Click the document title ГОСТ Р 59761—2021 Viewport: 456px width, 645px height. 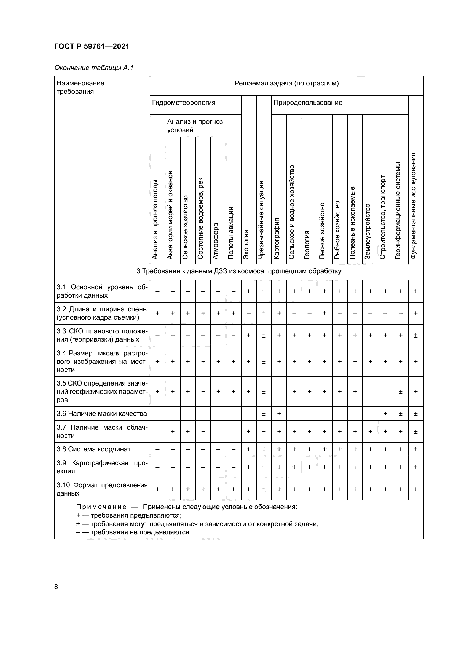[x=92, y=46]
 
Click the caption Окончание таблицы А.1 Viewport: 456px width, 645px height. [x=94, y=68]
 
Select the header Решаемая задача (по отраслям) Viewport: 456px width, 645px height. [x=286, y=84]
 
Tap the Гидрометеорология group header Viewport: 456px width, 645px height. [x=184, y=103]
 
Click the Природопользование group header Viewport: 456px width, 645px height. [x=308, y=103]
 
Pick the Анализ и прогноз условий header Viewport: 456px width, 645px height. [x=195, y=125]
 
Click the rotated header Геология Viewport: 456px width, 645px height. [x=307, y=244]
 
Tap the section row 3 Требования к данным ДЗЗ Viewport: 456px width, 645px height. [x=239, y=271]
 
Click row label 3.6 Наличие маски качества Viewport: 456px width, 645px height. [x=102, y=414]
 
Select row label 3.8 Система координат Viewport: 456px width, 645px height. [x=93, y=449]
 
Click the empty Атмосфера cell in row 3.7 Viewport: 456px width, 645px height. [x=218, y=432]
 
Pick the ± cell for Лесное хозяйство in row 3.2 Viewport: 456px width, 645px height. [x=324, y=313]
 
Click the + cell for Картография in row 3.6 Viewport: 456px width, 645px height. [x=279, y=414]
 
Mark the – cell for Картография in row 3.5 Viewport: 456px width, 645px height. [x=279, y=392]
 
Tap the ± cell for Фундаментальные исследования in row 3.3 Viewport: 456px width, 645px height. [x=415, y=335]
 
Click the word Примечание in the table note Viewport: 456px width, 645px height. [x=101, y=507]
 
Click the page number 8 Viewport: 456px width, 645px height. [x=56, y=587]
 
